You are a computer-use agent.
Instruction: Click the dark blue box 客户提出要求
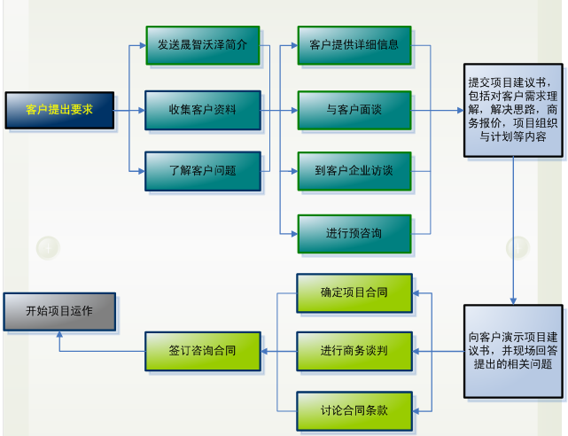[x=59, y=110]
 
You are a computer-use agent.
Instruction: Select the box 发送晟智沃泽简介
[x=203, y=45]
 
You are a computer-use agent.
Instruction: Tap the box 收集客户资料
[x=203, y=110]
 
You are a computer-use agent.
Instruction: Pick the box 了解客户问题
[x=203, y=171]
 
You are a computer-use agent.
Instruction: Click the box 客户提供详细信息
[x=354, y=45]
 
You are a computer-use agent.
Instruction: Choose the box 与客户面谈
[x=354, y=110]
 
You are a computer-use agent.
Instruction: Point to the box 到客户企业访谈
[x=354, y=171]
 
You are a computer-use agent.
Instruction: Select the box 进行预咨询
[x=354, y=234]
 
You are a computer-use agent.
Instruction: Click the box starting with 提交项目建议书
[x=513, y=110]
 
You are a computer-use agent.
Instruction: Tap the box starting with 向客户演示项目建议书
[x=513, y=351]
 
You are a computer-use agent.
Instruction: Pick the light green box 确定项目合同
[x=354, y=293]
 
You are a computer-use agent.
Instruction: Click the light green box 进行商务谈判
[x=354, y=351]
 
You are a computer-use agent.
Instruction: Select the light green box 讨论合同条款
[x=354, y=411]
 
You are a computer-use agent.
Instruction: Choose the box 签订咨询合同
[x=203, y=351]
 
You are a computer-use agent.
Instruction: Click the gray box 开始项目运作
[x=59, y=312]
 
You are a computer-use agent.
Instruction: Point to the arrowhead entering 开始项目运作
[x=59, y=334]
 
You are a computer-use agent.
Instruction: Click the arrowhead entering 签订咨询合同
[x=264, y=351]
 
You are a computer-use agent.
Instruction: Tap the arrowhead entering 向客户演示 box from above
[x=513, y=301]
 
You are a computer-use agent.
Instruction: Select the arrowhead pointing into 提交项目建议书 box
[x=461, y=110]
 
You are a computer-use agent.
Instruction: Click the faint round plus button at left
[x=48, y=248]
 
